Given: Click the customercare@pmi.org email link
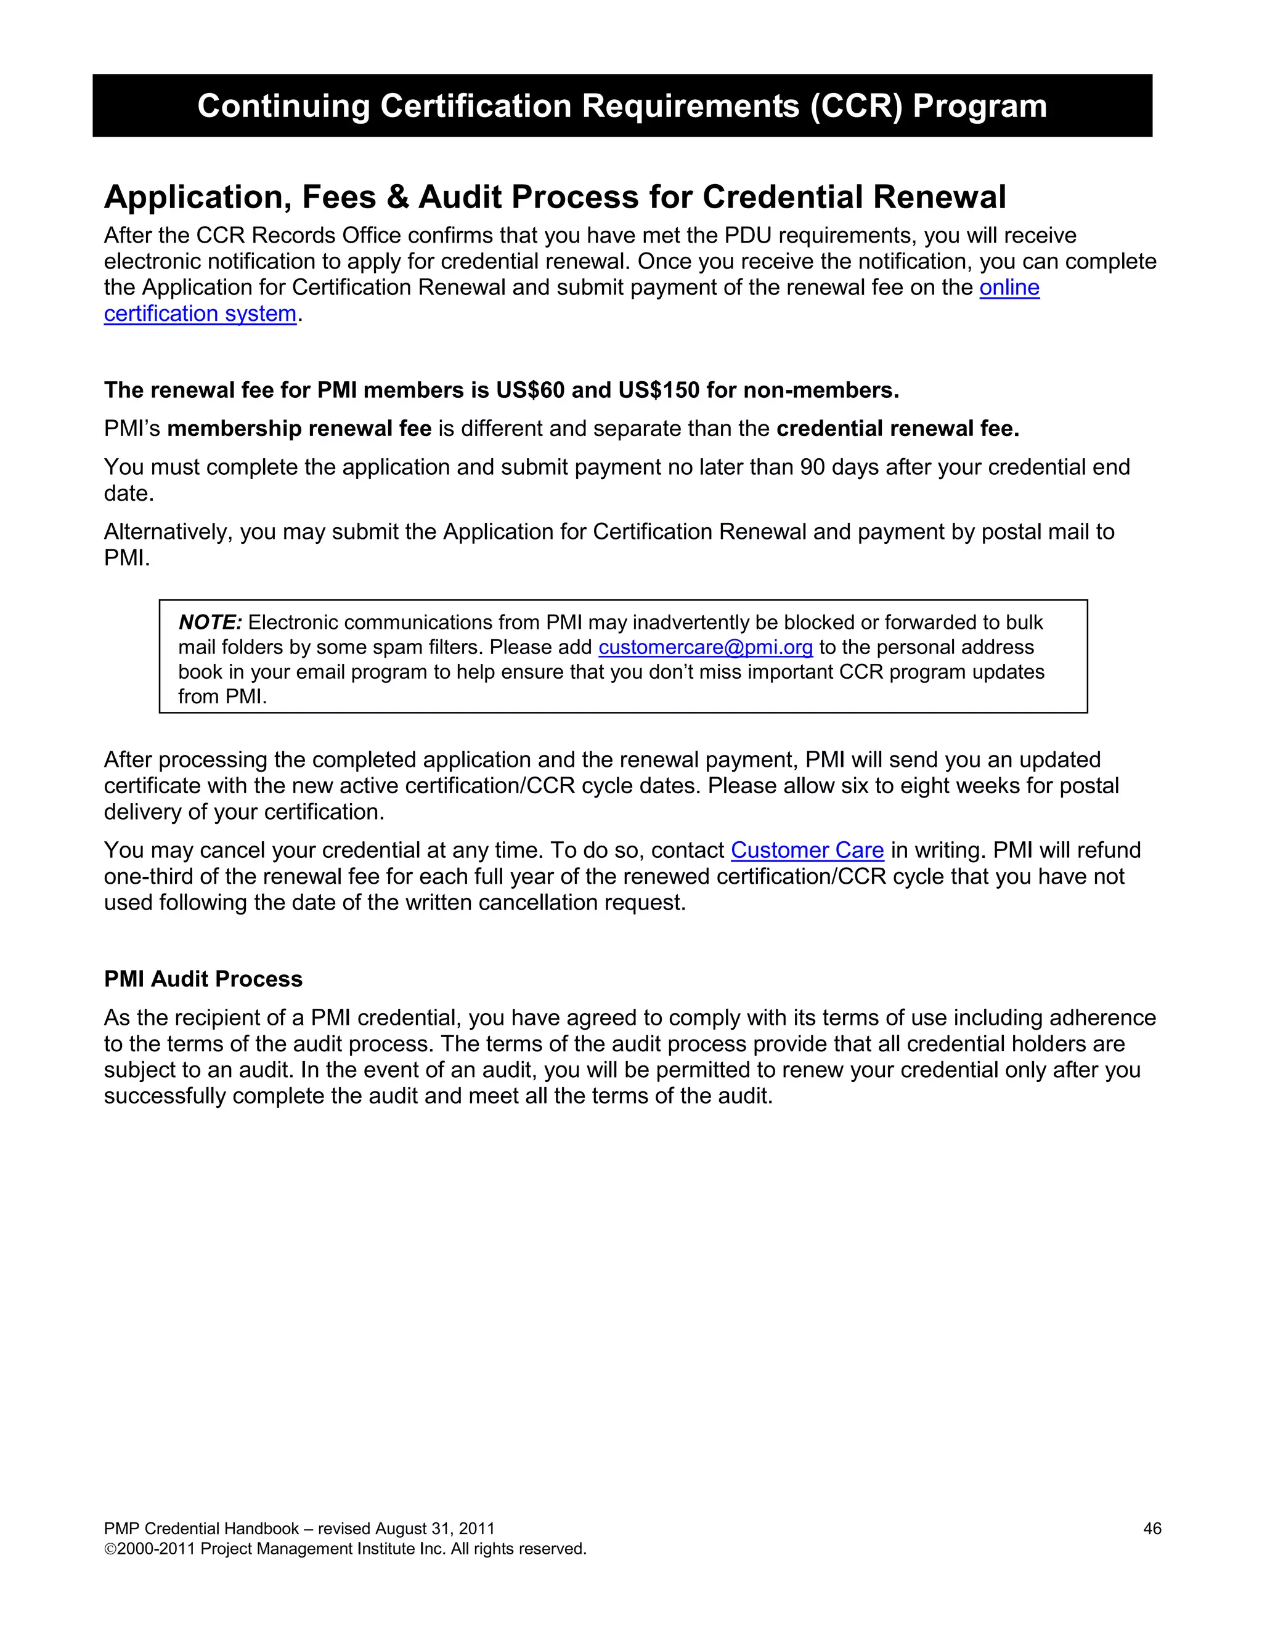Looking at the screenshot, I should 705,647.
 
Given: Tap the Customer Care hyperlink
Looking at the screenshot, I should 807,850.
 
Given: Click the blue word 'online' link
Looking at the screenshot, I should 1009,288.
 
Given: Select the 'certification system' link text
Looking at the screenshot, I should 200,314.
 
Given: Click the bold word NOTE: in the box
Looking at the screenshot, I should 210,623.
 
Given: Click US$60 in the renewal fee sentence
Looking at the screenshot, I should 530,390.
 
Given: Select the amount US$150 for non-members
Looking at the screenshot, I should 659,390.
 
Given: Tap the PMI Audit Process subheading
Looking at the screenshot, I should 203,979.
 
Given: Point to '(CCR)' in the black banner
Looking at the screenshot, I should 856,106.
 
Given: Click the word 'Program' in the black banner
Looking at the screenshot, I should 979,106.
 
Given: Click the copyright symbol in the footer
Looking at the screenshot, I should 110,1549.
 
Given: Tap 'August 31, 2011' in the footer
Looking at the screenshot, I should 434,1529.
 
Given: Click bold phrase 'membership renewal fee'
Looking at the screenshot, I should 299,429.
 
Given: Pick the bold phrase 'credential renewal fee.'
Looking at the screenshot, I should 898,429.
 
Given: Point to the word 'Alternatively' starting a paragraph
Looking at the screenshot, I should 168,532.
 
